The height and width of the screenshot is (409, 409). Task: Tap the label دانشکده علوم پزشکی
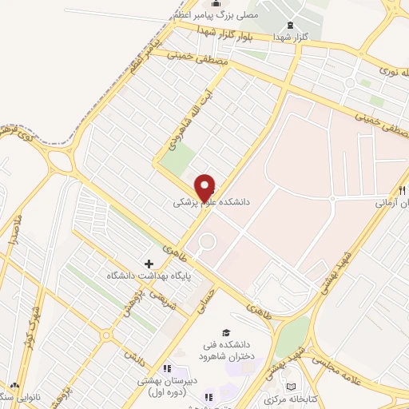(212, 204)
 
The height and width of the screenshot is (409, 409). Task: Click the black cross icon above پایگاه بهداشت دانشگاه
(149, 263)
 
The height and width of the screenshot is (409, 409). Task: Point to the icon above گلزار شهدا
(290, 26)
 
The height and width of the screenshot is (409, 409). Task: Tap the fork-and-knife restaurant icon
(401, 190)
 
